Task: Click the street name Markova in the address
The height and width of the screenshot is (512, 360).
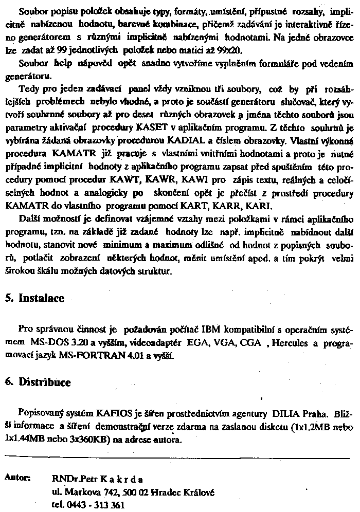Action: (x=78, y=492)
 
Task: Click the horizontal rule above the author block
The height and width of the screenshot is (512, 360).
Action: (x=180, y=456)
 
